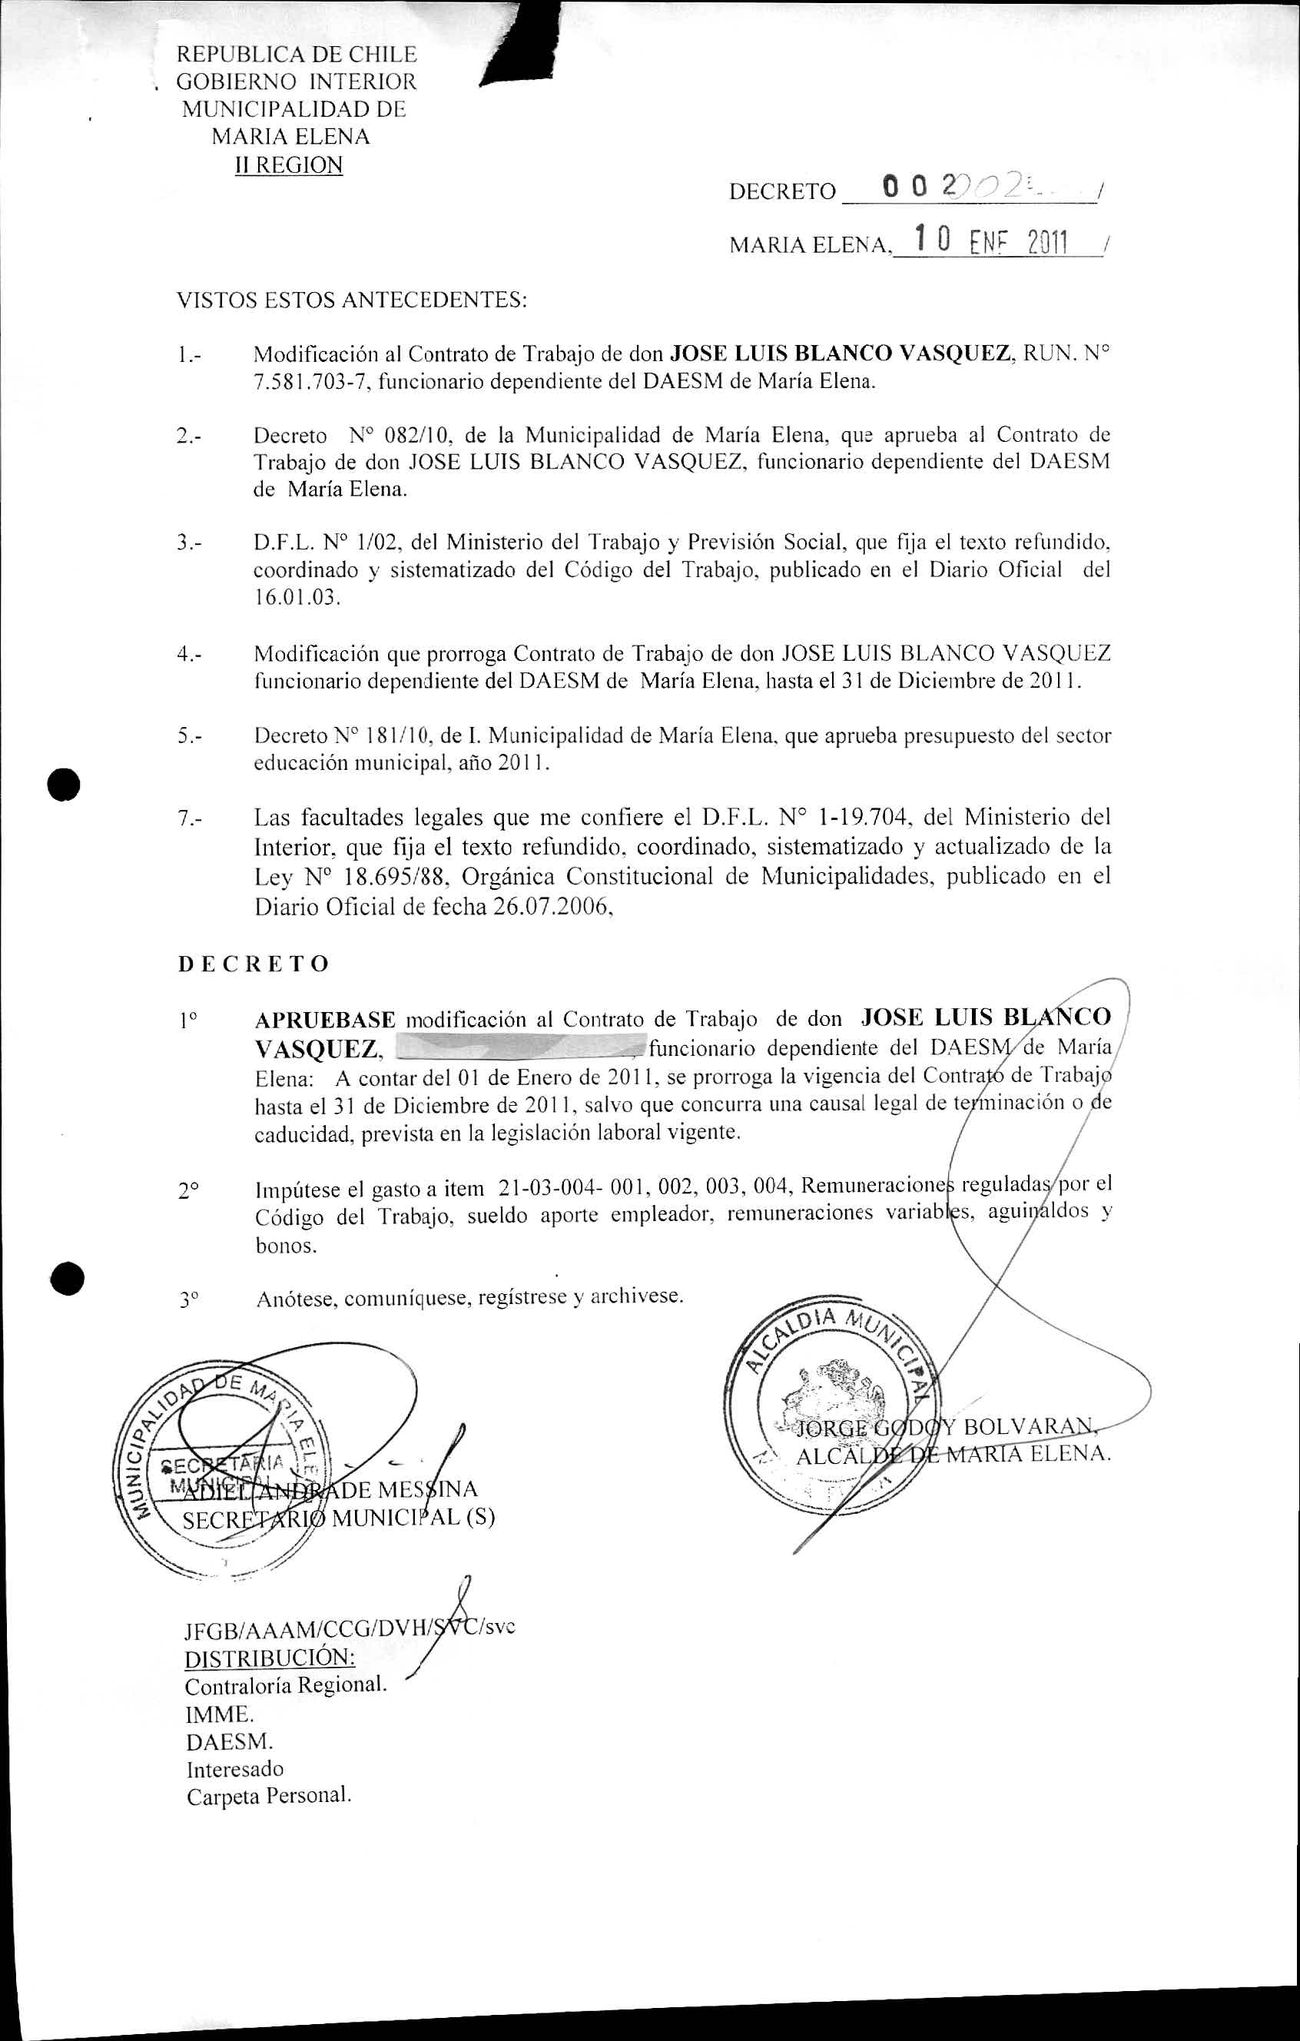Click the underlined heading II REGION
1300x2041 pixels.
(289, 164)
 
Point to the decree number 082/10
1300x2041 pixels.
(410, 436)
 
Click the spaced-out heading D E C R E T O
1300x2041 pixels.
(254, 964)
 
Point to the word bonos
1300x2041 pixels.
(286, 1246)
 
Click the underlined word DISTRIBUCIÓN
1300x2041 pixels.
(270, 1656)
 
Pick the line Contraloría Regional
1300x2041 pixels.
(286, 1684)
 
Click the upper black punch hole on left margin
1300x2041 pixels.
(65, 783)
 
